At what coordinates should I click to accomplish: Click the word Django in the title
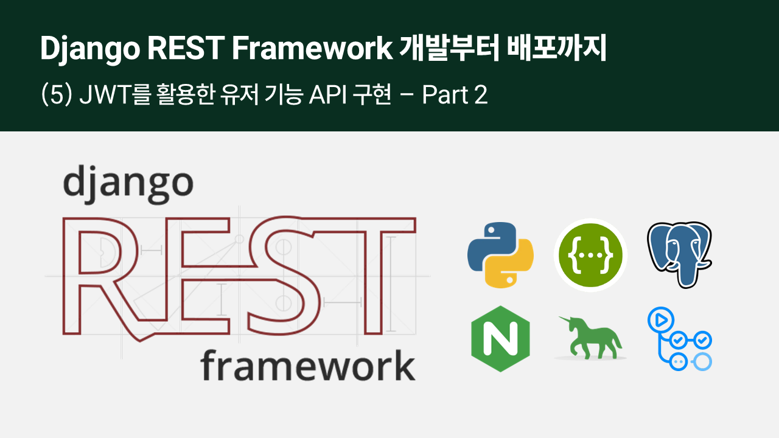(90, 49)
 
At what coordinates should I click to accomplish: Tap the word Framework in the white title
(312, 48)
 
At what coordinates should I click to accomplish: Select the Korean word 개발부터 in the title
(449, 48)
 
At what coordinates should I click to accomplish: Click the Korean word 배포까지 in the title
(557, 48)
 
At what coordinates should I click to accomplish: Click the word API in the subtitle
(327, 94)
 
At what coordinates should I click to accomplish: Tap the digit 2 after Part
(481, 94)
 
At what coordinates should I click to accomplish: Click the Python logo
(500, 255)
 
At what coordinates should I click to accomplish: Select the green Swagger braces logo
(590, 255)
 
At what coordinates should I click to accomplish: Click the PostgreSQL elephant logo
(680, 255)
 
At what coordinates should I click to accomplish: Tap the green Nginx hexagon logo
(500, 339)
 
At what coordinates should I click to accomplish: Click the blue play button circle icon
(661, 320)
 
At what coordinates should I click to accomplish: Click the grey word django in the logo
(128, 184)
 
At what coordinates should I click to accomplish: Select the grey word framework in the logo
(308, 366)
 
